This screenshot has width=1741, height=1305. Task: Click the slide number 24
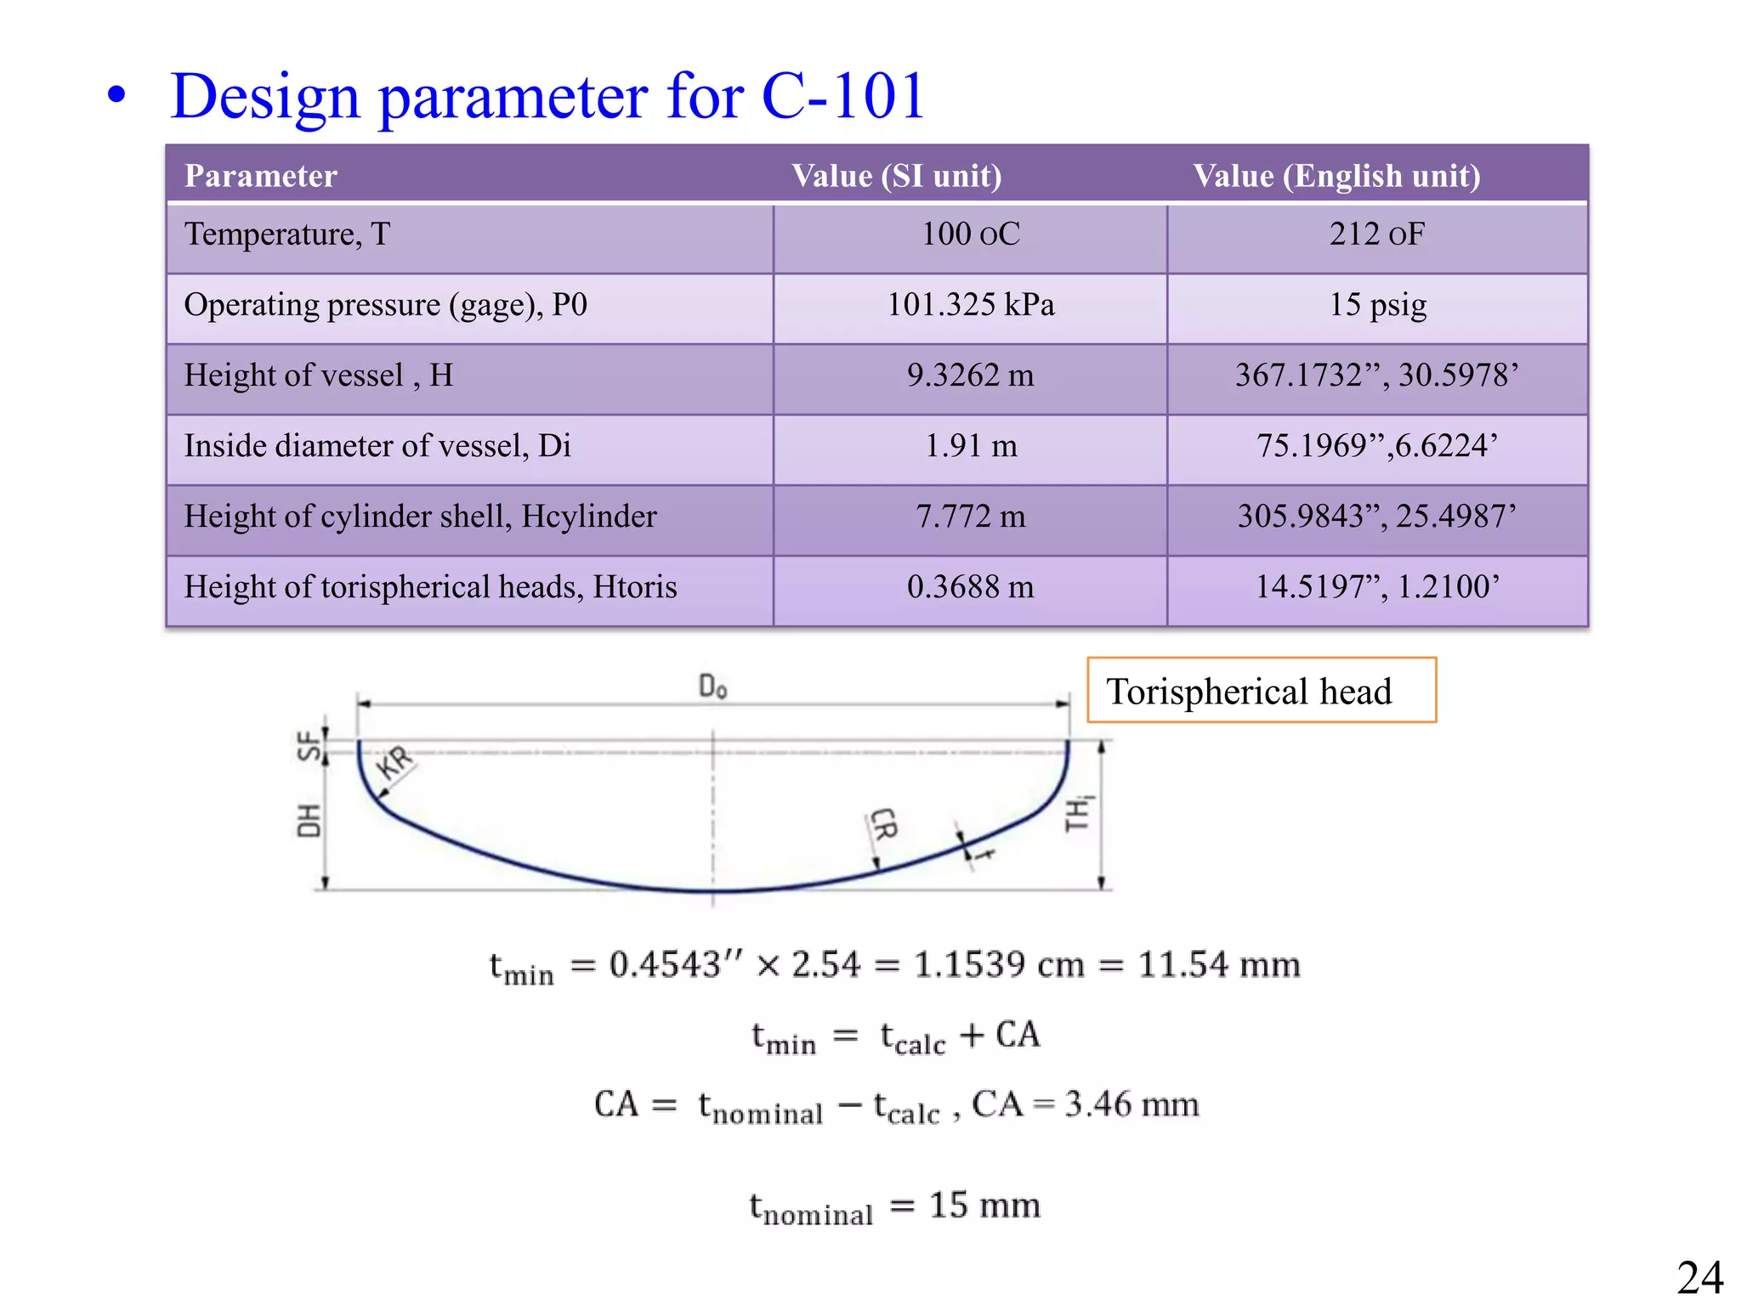point(1699,1278)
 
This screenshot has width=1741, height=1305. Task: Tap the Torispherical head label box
point(1262,691)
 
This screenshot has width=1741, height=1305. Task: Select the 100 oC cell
point(970,234)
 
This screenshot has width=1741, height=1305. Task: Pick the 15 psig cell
point(1377,305)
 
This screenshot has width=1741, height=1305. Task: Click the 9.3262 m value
point(970,376)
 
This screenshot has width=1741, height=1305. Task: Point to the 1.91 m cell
point(970,446)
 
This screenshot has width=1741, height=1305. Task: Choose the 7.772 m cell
point(970,517)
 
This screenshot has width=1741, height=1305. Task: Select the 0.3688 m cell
point(970,587)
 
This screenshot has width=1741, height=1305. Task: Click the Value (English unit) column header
point(1336,176)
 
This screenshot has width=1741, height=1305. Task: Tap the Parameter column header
point(261,176)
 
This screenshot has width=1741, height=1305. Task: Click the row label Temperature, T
point(287,234)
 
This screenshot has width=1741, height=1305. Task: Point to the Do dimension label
point(712,686)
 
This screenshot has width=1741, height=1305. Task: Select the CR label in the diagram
point(884,824)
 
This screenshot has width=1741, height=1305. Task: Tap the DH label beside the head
point(309,821)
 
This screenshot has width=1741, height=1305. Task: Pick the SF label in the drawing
point(309,746)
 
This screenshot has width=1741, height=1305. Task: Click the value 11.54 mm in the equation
point(1219,965)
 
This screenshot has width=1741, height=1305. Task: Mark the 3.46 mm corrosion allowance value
point(1131,1104)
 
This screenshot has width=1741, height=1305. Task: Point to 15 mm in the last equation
point(984,1205)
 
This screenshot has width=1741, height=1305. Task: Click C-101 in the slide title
point(842,95)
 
